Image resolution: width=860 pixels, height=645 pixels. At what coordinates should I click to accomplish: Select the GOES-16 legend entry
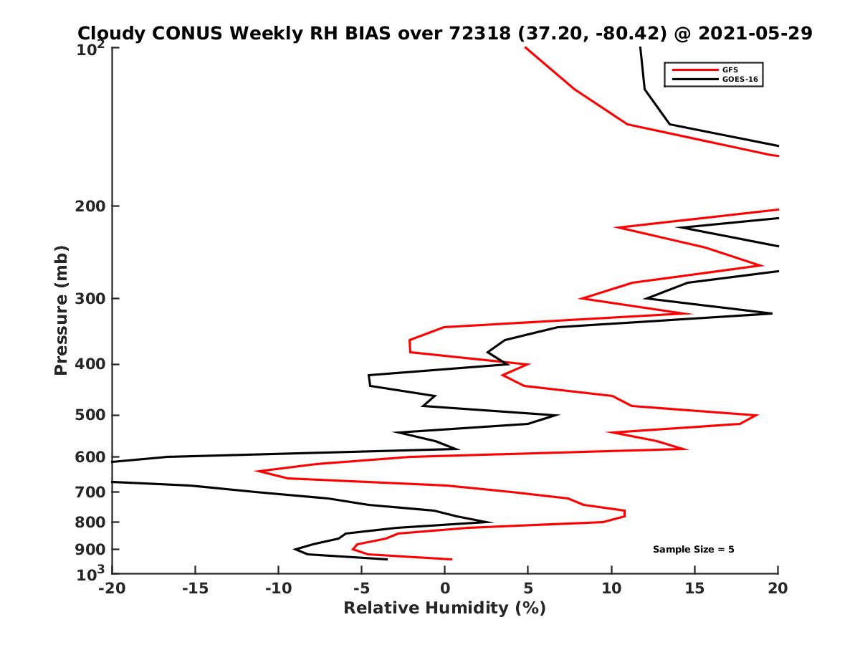pos(739,79)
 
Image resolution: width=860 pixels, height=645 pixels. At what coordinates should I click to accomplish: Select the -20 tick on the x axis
pos(111,589)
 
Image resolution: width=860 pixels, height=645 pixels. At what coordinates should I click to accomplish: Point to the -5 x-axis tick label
pos(361,589)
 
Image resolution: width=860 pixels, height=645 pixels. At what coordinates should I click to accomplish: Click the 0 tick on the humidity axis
pos(445,589)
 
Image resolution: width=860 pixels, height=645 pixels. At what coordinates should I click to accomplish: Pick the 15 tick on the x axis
pos(695,589)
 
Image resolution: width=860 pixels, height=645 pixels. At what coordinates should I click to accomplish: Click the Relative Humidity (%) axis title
pos(444,608)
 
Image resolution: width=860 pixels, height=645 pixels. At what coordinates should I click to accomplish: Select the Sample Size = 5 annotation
pos(693,550)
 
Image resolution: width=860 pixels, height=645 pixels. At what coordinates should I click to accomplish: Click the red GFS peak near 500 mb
pos(757,416)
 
